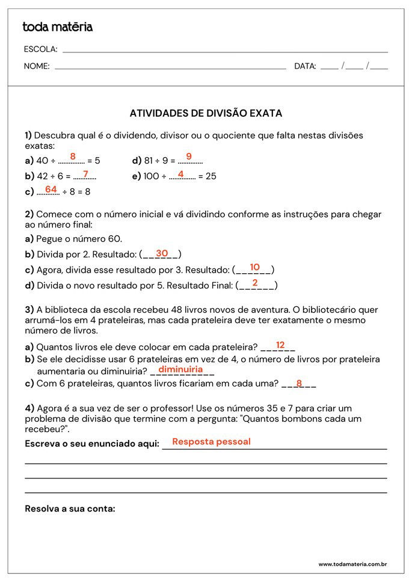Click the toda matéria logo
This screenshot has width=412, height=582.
[57, 27]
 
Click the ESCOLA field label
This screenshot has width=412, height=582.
[40, 49]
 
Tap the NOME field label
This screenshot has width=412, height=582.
[37, 66]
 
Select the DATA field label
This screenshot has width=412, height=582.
[305, 66]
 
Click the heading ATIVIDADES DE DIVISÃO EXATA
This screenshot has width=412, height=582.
[206, 113]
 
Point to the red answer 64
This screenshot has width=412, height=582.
[51, 189]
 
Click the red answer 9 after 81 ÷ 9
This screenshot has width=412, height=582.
[189, 156]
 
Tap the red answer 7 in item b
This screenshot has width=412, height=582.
[85, 174]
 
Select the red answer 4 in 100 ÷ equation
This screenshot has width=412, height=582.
[180, 174]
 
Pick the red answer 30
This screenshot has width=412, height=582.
[162, 253]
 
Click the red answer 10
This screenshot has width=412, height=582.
[254, 267]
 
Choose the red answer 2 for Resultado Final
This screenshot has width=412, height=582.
[255, 283]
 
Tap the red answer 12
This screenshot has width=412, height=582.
[280, 345]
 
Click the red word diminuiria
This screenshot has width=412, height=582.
[180, 369]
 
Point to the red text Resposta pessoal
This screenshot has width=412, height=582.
[211, 442]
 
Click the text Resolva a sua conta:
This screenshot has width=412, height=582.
[70, 509]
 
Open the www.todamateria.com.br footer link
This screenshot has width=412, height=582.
[352, 565]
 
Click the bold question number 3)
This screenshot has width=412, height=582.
[29, 310]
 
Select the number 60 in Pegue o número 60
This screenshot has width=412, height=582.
[114, 239]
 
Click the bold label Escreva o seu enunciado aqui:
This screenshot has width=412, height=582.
[92, 444]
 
